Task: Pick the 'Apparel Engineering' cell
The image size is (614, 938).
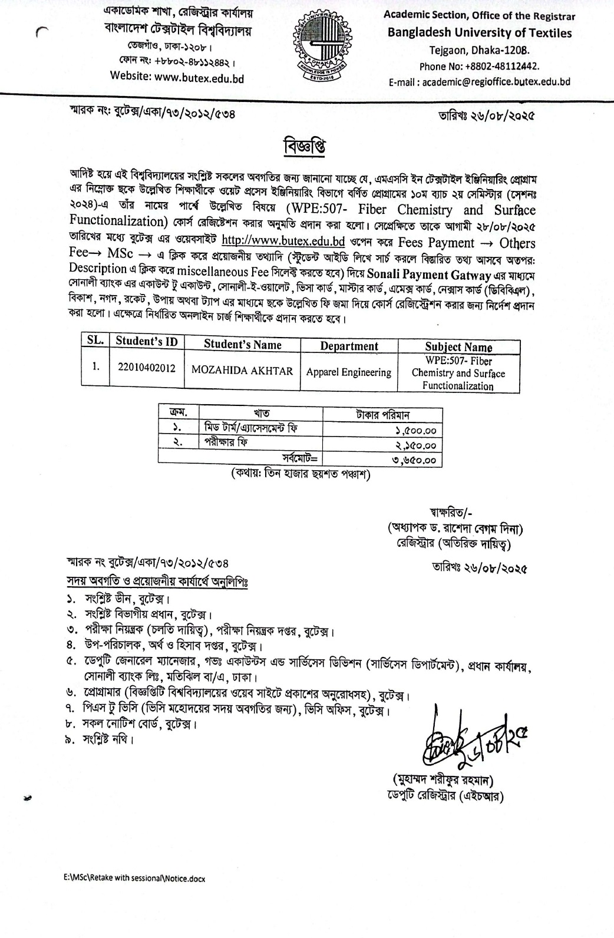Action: pyautogui.click(x=349, y=372)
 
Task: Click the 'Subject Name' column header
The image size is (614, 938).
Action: pyautogui.click(x=458, y=347)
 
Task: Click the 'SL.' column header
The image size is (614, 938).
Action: pyautogui.click(x=95, y=341)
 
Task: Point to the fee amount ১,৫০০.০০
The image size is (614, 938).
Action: pyautogui.click(x=416, y=432)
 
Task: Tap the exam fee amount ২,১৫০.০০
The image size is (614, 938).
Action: pyautogui.click(x=416, y=446)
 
